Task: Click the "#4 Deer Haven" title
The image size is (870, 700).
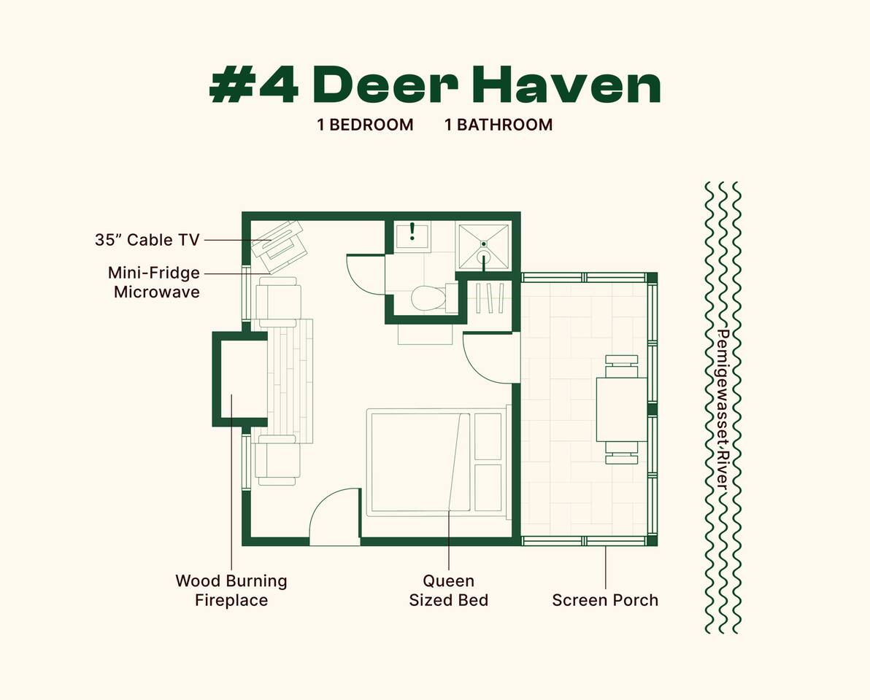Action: click(435, 86)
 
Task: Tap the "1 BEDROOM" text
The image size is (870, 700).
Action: click(365, 125)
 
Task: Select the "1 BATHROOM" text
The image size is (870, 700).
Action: click(498, 125)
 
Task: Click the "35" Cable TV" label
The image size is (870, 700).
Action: click(147, 240)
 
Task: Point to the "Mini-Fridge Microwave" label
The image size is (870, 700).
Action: click(154, 282)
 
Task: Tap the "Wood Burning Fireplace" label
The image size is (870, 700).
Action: click(231, 591)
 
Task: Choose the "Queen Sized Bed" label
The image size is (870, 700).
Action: click(448, 591)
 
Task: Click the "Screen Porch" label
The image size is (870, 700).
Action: click(605, 600)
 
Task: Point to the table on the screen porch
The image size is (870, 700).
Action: click(621, 409)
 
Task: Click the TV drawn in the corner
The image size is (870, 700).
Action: click(277, 241)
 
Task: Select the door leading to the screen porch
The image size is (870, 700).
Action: click(490, 358)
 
